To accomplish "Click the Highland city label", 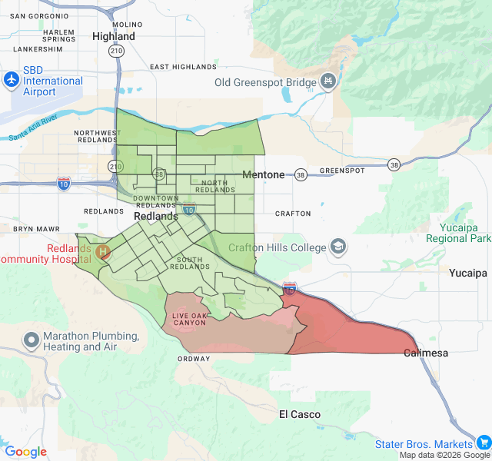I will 113,36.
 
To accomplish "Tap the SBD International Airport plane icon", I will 12,80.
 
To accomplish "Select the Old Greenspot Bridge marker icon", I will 328,81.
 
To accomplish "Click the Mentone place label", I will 263,174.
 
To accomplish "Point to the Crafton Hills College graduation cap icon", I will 337,247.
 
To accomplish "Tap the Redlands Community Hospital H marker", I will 102,251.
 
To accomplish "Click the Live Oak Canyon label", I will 189,319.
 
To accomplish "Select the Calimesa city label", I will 427,353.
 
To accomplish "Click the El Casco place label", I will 300,414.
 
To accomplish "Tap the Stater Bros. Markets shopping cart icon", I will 484,443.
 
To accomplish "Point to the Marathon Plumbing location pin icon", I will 32,339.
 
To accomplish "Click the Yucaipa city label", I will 468,273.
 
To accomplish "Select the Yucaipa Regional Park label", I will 464,234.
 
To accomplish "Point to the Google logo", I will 25,452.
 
